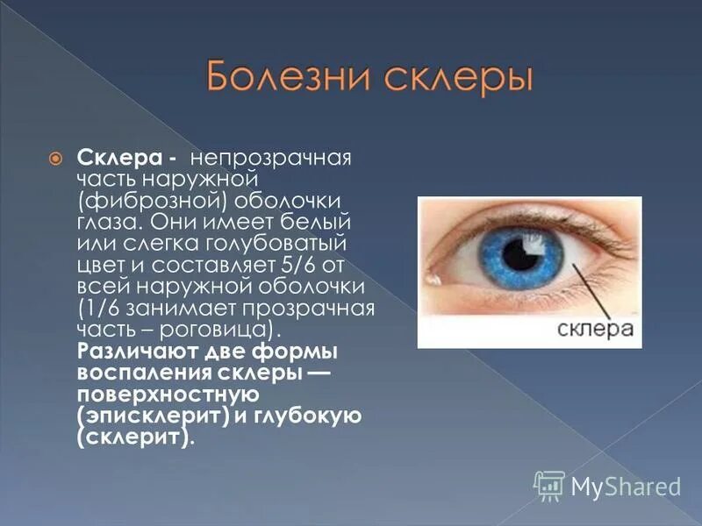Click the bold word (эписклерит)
click(x=153, y=415)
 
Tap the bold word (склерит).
click(x=135, y=437)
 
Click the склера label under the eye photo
click(x=596, y=329)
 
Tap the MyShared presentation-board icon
click(x=548, y=485)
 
